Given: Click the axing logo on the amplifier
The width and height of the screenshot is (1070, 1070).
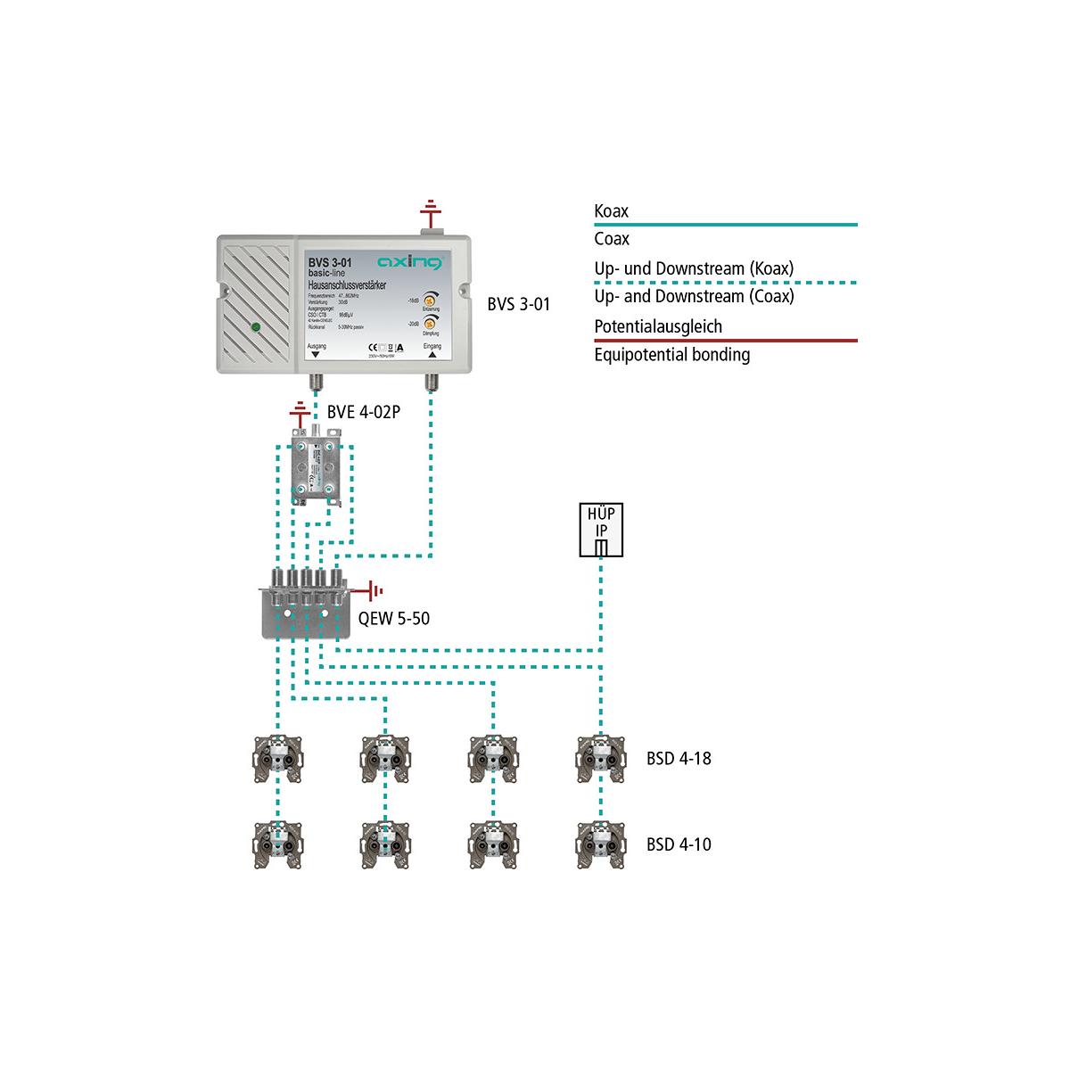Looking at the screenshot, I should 409,261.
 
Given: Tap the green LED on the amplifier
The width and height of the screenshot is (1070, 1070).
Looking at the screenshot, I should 256,327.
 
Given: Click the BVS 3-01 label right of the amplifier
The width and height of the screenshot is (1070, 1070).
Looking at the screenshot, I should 518,304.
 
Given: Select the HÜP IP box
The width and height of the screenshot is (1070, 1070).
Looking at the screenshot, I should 601,530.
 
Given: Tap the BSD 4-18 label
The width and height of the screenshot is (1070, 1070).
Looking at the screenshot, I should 679,759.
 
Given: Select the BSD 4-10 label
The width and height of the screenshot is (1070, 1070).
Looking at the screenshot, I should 679,844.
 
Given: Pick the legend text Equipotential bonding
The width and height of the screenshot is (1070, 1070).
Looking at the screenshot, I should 671,355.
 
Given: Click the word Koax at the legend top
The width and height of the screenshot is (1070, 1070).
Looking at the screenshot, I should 612,211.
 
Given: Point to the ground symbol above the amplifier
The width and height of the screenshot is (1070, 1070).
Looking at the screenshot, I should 432,214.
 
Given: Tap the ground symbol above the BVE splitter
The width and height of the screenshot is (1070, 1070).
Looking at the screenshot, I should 300,413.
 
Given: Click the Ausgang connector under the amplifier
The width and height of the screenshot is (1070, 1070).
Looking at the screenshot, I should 315,381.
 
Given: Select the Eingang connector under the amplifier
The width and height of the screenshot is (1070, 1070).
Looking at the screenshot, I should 432,381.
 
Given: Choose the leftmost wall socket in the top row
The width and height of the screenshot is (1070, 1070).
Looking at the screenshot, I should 278,759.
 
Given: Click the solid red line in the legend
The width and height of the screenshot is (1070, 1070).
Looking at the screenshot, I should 725,340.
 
